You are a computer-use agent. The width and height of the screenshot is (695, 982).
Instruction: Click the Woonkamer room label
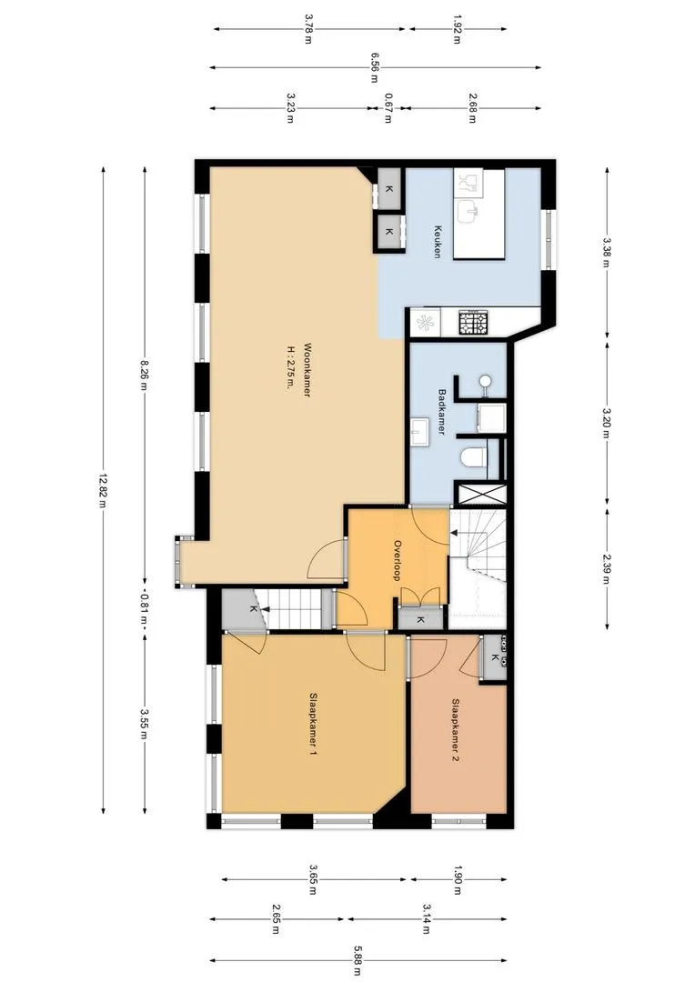coord(307,371)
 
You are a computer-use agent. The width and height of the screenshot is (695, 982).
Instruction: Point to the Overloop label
coord(397,560)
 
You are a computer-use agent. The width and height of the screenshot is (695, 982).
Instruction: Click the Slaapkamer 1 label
coord(313,724)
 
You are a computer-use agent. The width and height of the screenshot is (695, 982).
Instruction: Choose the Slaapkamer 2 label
coord(456,730)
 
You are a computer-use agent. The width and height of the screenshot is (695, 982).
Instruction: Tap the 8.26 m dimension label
coord(144,374)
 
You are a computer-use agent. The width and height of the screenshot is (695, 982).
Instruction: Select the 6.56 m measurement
coord(374,67)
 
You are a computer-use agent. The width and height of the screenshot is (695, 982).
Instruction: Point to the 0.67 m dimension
coord(388,108)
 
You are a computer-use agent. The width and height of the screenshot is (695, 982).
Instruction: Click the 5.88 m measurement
coord(358,960)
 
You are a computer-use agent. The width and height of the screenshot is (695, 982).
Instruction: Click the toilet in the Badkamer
coord(474,457)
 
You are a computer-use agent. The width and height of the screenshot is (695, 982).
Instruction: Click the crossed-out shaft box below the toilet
coord(479,494)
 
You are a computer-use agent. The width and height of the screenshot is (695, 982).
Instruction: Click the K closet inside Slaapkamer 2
coord(495,657)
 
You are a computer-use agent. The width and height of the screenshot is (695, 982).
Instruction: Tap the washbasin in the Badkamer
coord(419,432)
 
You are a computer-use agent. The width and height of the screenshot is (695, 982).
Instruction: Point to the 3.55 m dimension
coord(144,724)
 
